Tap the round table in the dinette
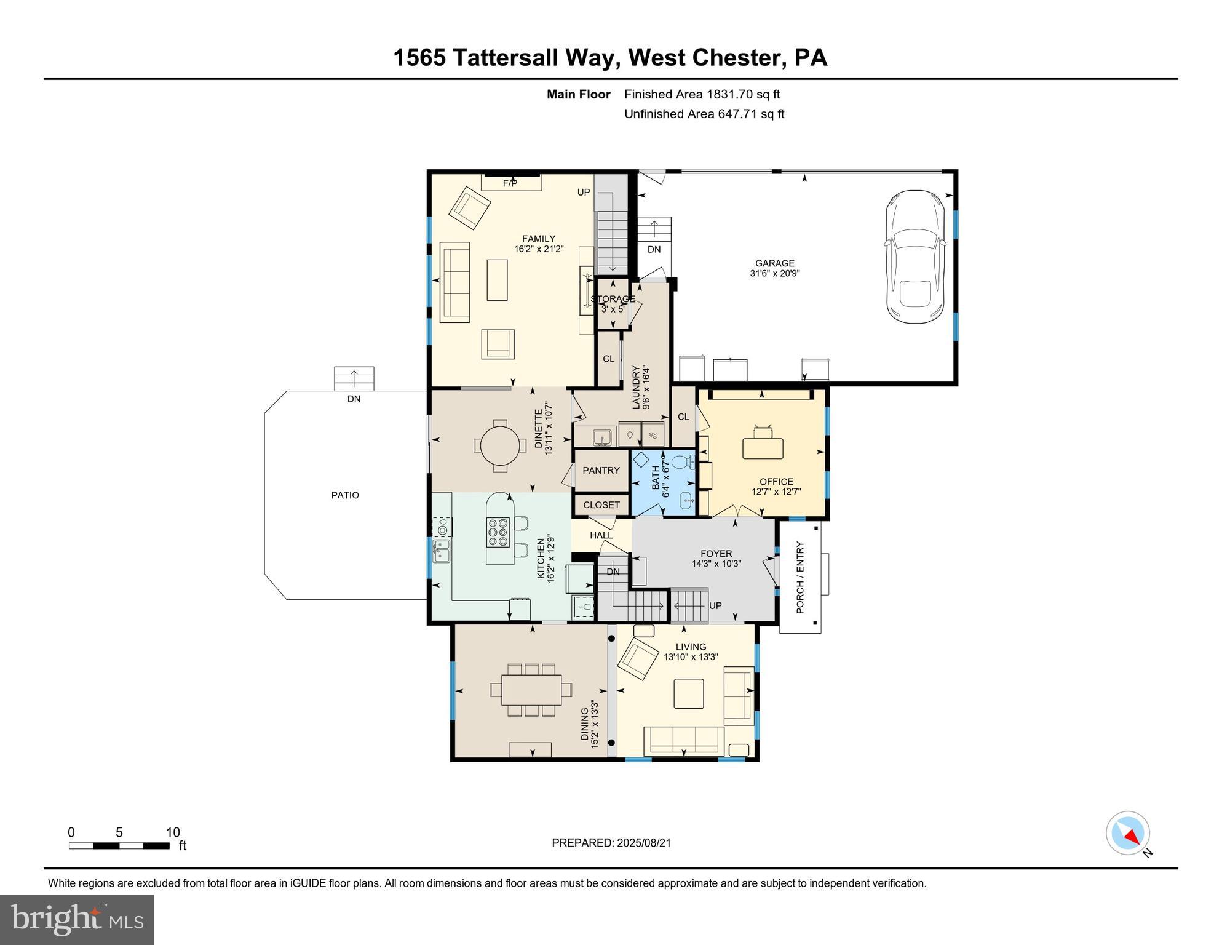500,445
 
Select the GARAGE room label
775,263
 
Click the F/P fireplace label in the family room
510,183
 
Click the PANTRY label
601,471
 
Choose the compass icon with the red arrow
1128,833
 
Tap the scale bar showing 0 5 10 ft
119,846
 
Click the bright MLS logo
77,919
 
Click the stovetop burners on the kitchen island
499,532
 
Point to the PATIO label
345,495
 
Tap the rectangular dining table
531,690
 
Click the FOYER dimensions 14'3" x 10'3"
716,564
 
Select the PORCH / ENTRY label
800,577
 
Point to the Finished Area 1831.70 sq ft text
702,94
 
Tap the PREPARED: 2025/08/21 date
611,843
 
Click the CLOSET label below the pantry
601,505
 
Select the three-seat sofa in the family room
454,282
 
